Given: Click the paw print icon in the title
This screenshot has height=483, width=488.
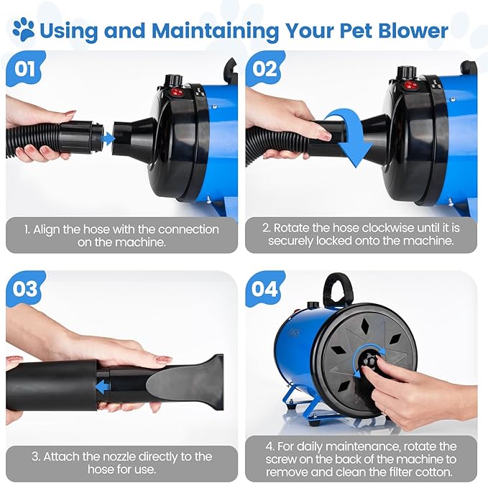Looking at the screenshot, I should (x=23, y=29).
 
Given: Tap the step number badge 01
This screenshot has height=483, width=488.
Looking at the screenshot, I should (x=24, y=69).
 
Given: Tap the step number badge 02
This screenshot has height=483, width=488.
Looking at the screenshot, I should (x=263, y=69).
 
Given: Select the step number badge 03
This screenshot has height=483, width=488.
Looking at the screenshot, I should (x=24, y=289).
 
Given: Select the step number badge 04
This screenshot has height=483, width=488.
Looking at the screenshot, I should (x=263, y=289).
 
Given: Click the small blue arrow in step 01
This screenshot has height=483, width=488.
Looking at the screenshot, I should (x=108, y=136).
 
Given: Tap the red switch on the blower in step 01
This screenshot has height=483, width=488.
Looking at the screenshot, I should (x=175, y=92).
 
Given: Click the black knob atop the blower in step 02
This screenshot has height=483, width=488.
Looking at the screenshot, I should (x=407, y=72).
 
